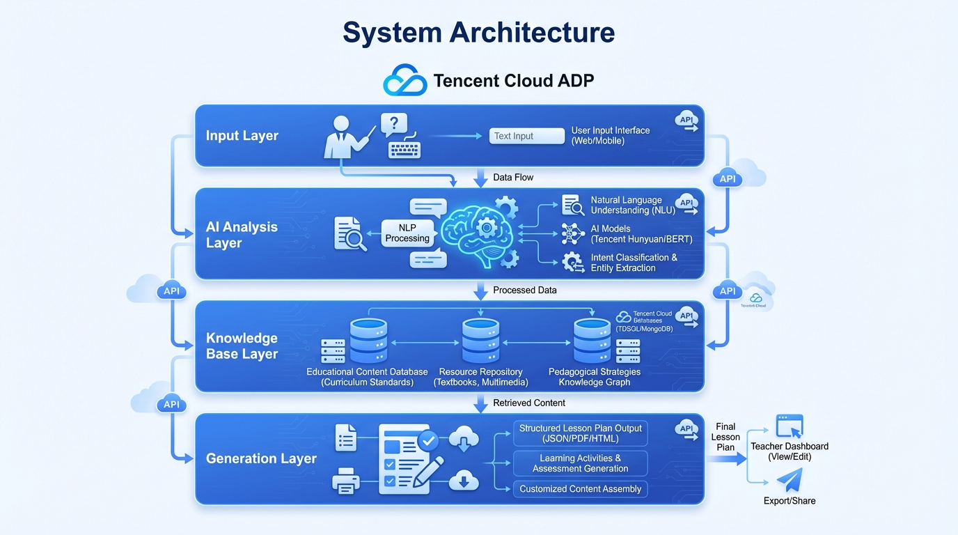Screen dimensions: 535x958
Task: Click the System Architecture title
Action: (479, 33)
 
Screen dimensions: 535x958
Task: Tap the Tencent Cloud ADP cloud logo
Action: (405, 80)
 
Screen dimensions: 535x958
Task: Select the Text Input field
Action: (527, 136)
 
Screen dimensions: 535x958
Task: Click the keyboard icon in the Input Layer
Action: (405, 149)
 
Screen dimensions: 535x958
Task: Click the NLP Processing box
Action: (407, 233)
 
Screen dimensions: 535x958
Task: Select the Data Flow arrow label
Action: (513, 178)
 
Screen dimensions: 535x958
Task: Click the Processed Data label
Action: (524, 290)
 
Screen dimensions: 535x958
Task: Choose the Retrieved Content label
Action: (528, 403)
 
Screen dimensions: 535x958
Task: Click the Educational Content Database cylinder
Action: (368, 341)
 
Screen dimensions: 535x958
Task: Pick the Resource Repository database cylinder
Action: (480, 341)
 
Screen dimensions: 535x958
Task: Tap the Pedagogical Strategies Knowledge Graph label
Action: (594, 377)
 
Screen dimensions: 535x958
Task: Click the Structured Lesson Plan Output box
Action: (580, 433)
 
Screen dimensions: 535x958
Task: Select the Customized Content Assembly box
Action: (580, 489)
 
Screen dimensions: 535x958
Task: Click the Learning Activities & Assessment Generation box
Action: (580, 463)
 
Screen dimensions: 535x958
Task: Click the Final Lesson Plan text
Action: (725, 437)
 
